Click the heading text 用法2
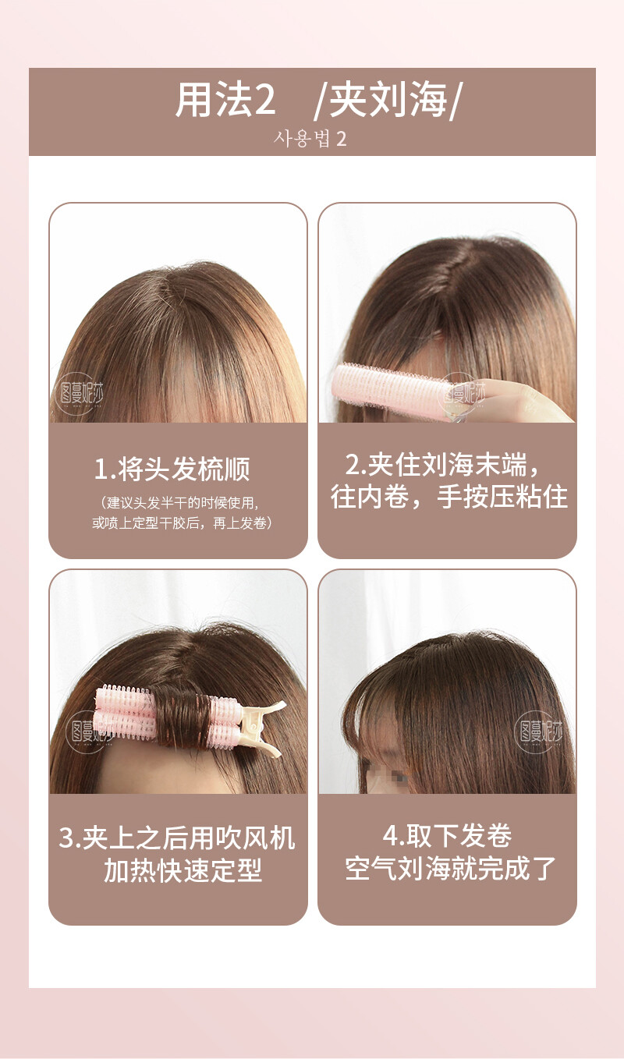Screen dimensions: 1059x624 click(x=225, y=100)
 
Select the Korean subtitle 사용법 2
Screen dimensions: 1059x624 click(x=310, y=139)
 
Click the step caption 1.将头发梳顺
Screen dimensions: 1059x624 click(x=172, y=469)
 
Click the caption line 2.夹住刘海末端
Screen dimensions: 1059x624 click(x=442, y=465)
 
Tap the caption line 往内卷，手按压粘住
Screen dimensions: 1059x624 click(x=448, y=497)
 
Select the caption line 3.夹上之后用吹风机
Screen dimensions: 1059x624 click(x=178, y=838)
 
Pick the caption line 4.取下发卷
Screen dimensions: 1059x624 click(x=447, y=836)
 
